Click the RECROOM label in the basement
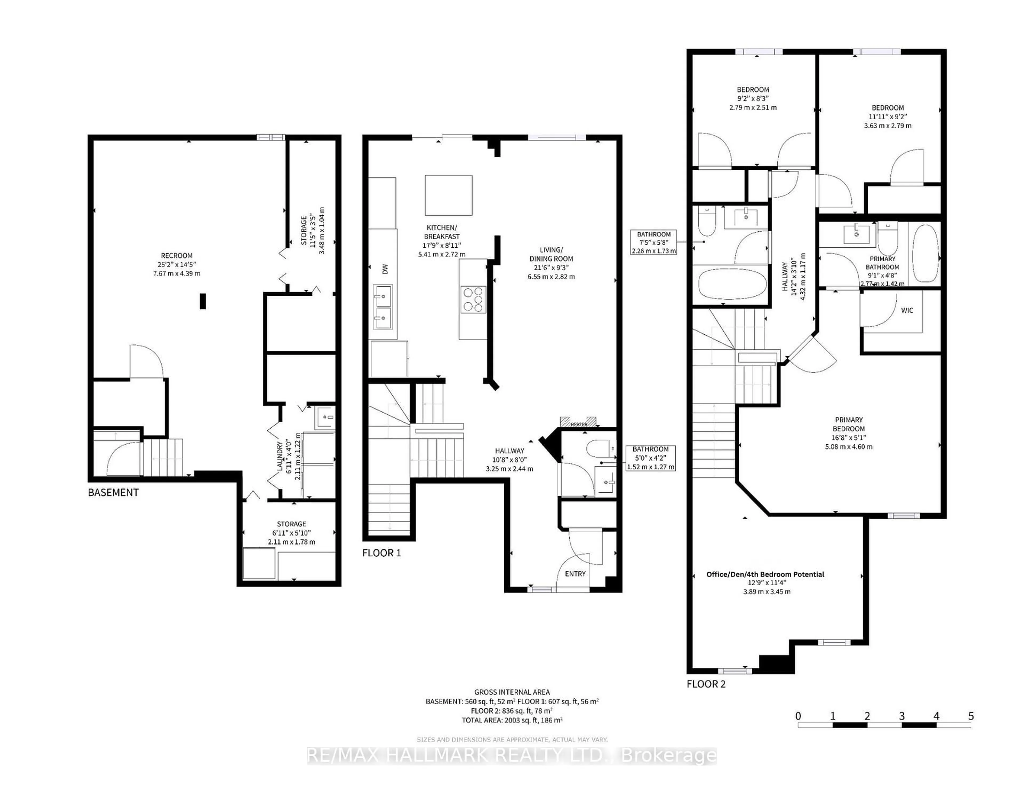(177, 256)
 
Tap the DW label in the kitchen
(385, 269)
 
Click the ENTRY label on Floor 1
(575, 573)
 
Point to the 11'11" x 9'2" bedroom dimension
(887, 116)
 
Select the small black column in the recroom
(203, 301)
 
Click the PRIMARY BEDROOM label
(849, 424)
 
